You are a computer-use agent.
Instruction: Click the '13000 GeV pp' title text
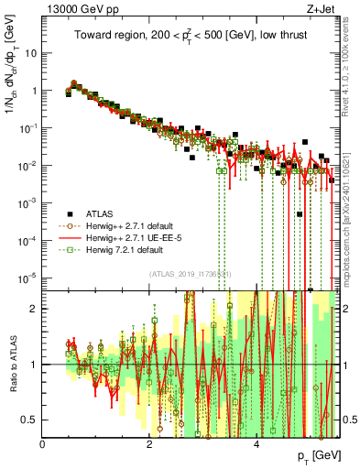tap(77, 9)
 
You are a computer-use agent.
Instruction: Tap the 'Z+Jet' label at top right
tap(322, 9)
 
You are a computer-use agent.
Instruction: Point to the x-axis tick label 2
tap(149, 443)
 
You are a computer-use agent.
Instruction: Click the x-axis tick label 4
tap(256, 443)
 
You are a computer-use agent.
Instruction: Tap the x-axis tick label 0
tap(43, 443)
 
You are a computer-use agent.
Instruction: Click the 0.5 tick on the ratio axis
tap(30, 420)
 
